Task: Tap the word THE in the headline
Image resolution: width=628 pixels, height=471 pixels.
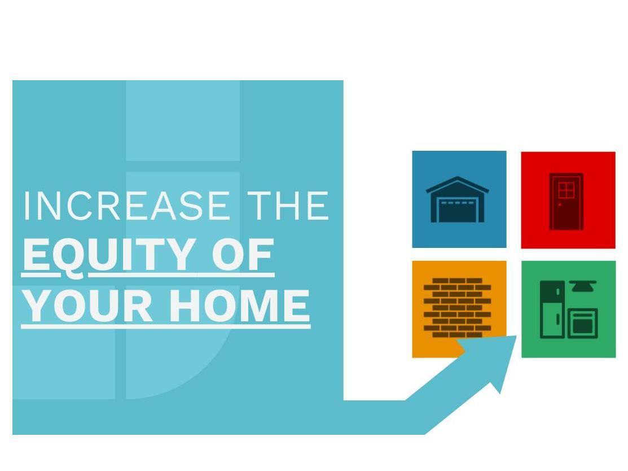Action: [x=288, y=206]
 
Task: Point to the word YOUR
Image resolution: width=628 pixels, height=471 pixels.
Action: [x=87, y=306]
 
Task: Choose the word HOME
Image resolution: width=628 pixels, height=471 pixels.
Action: [x=239, y=306]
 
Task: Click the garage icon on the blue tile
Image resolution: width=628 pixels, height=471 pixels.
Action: [x=458, y=199]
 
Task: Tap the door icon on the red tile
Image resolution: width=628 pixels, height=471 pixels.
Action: [x=566, y=202]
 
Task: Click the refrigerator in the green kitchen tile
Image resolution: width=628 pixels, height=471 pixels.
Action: [x=552, y=309]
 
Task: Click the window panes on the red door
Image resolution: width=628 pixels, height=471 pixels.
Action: [x=566, y=190]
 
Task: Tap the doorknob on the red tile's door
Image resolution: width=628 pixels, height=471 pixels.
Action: [x=560, y=205]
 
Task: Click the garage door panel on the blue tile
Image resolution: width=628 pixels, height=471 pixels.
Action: [x=457, y=211]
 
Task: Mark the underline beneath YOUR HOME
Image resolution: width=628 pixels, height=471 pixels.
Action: [x=166, y=326]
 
